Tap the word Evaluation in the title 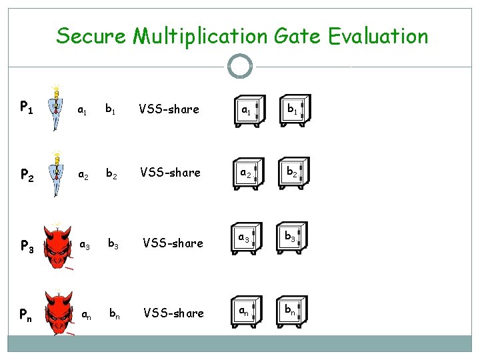[378, 35]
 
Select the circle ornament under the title [239, 66]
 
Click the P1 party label [27, 107]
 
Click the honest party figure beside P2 [57, 173]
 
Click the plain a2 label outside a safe [84, 175]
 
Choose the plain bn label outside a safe [115, 313]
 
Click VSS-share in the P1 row [169, 109]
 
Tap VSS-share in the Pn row [174, 313]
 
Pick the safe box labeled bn [293, 312]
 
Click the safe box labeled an [247, 312]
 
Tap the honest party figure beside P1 [57, 107]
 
